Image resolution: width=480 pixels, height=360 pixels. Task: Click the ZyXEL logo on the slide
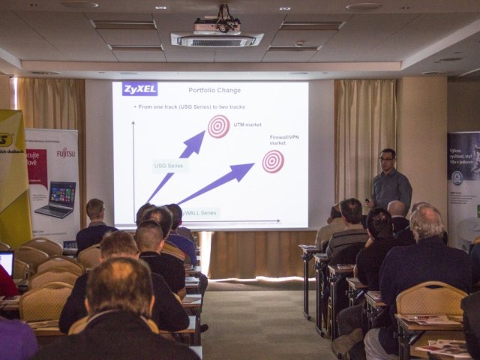coord(140,89)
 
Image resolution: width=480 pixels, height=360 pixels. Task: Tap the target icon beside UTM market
coord(219,126)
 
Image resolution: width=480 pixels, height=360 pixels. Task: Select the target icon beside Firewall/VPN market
coord(273,160)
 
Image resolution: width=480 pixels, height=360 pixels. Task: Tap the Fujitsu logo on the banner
coord(66,153)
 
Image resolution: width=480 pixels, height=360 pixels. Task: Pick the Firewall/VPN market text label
coord(284,140)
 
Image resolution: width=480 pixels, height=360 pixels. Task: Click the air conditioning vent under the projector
coord(217,40)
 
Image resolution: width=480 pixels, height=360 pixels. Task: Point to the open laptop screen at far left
coord(6,263)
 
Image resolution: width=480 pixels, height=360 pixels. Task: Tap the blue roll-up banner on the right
coord(463,187)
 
